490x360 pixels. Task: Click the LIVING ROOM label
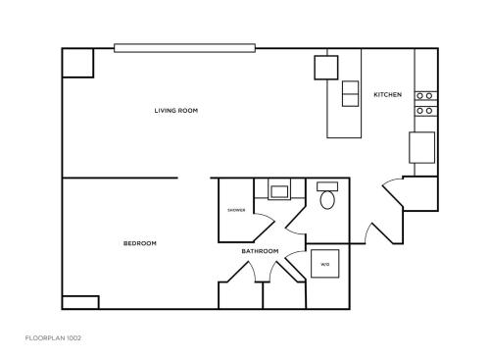175,111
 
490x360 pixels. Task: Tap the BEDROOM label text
139,243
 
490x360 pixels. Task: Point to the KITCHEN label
387,94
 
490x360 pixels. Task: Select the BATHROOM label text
260,251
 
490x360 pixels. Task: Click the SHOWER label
236,210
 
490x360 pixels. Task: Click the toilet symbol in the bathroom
328,201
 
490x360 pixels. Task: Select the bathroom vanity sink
279,191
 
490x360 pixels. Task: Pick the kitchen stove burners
425,103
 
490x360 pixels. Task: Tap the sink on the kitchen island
350,93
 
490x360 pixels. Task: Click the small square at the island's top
325,67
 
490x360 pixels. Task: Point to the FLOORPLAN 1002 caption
53,337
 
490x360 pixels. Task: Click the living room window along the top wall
185,47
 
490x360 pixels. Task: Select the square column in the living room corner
77,63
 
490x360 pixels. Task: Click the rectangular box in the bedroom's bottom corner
80,302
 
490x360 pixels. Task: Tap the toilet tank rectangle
328,185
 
